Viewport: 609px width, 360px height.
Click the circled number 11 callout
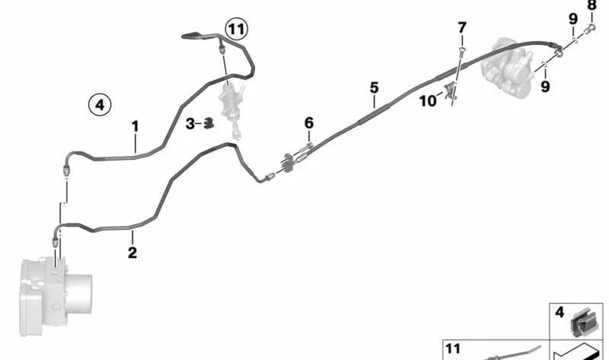pos(237,29)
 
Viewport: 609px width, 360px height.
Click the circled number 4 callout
pos(100,105)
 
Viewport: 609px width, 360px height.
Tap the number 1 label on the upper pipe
pos(135,126)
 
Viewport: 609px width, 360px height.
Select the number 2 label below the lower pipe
pos(132,253)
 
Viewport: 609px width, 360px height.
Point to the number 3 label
pos(190,124)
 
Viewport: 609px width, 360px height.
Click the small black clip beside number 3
pos(209,123)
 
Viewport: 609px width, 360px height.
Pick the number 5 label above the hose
pos(374,88)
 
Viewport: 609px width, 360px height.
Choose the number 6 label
pos(309,123)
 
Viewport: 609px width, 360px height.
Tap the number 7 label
pos(462,28)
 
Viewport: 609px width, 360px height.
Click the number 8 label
pos(591,5)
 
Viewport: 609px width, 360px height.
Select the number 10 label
pos(428,101)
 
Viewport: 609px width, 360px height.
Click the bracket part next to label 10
pos(451,92)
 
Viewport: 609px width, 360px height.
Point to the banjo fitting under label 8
pos(591,28)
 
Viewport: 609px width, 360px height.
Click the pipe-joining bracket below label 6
pos(289,163)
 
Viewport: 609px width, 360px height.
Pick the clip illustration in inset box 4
pos(581,323)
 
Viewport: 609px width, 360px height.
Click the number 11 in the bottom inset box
pos(453,349)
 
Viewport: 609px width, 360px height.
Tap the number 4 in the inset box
pos(560,312)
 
